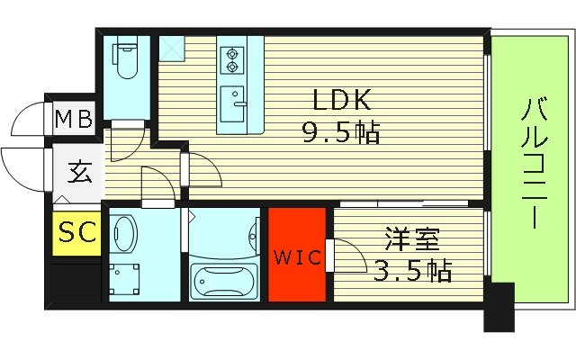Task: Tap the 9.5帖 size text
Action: [340, 133]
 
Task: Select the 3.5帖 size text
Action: [411, 269]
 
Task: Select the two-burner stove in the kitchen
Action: [233, 58]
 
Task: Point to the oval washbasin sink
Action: [125, 234]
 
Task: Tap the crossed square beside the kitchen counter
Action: [171, 47]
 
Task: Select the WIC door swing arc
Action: [346, 256]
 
